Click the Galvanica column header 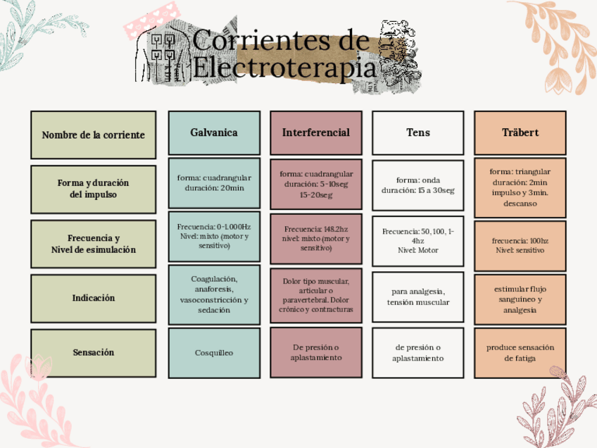pos(214,132)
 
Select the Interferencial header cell pos(316,132)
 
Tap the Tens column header pos(418,132)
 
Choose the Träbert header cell pos(520,132)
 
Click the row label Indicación pos(93,298)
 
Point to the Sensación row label pos(93,352)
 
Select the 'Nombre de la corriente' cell pos(93,135)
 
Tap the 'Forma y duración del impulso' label pos(93,189)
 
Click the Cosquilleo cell pos(214,352)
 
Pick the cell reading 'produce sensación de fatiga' pos(520,352)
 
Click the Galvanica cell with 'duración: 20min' pos(214,183)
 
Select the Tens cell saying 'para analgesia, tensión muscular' pos(418,297)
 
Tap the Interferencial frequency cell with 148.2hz pos(316,238)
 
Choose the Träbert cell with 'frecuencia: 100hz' pos(520,244)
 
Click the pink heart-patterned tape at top pos(149,21)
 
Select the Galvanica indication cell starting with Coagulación pos(214,294)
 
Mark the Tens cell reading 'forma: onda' pos(418,185)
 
